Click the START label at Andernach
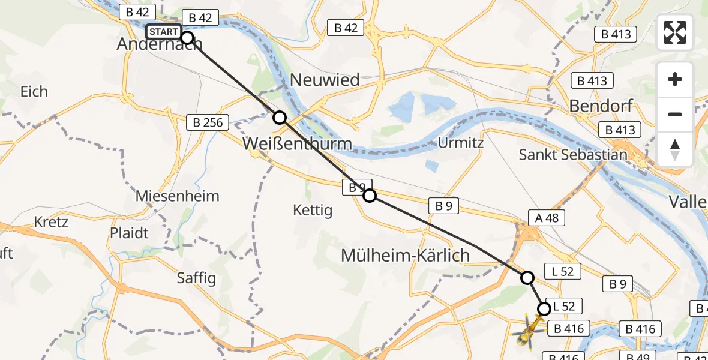[163, 32]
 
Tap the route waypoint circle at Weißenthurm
[280, 118]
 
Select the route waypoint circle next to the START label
[187, 38]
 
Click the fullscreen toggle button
[675, 32]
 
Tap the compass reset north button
[675, 149]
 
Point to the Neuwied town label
[325, 80]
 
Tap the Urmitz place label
[461, 143]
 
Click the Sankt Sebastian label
[573, 155]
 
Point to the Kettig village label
[313, 210]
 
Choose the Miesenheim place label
[177, 196]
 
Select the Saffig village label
[196, 278]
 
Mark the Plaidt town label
[129, 233]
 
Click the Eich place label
[34, 92]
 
